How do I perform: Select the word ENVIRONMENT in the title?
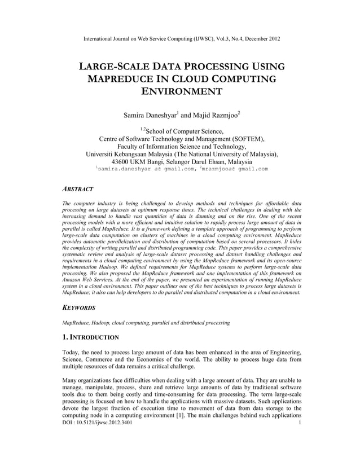point(181,92)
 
